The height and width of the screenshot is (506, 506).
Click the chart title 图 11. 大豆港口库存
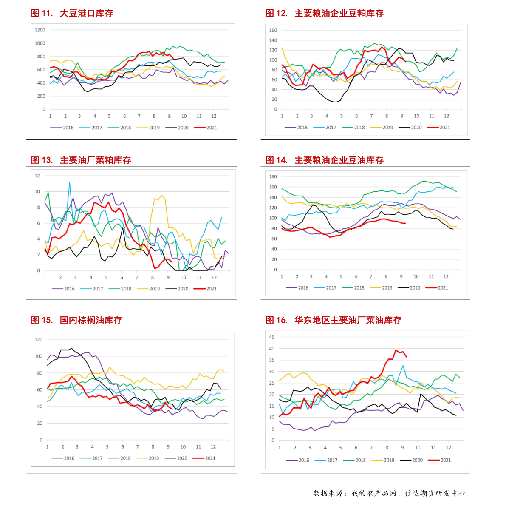click(x=72, y=14)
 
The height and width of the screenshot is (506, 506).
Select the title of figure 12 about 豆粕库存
click(x=325, y=14)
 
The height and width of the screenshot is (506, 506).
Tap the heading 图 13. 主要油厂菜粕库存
click(x=81, y=160)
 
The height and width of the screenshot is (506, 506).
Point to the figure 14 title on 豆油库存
click(x=325, y=160)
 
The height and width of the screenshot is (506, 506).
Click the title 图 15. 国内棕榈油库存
click(x=76, y=320)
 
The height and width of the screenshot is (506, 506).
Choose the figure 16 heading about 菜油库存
click(x=334, y=320)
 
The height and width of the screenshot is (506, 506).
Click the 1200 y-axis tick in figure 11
click(x=40, y=30)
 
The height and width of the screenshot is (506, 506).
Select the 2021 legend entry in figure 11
click(x=206, y=128)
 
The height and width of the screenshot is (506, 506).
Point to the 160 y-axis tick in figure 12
click(x=273, y=31)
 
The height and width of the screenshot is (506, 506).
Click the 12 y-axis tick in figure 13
click(x=37, y=176)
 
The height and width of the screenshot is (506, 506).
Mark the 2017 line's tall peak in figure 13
click(x=70, y=182)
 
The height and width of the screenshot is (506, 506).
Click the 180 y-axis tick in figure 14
click(x=273, y=176)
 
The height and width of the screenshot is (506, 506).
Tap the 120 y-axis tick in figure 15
click(x=39, y=339)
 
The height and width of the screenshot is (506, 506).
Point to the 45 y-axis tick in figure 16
click(x=272, y=337)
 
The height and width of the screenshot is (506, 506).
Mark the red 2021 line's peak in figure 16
click(x=396, y=350)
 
